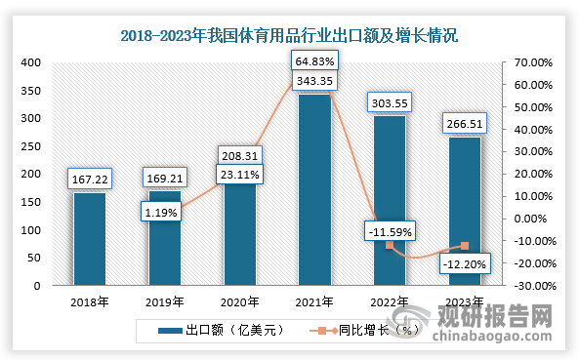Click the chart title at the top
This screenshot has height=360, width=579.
pos(289,36)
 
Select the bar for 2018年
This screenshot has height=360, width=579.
pos(89,239)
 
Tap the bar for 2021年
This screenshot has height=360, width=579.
pos(314,190)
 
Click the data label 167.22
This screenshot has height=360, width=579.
pos(89,179)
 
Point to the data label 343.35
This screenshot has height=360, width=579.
pos(314,80)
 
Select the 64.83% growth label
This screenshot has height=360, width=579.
pos(314,61)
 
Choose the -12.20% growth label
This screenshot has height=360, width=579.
pos(465,263)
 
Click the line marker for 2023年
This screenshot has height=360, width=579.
pos(465,246)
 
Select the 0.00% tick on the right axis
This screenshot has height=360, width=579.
pos(534,220)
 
